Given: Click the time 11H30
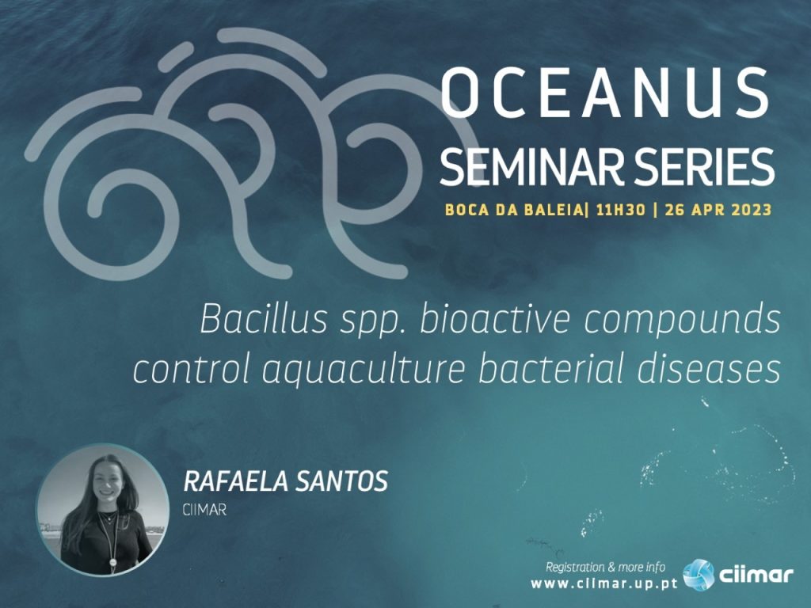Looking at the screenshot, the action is (621, 210).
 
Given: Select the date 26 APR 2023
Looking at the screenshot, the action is (718, 210).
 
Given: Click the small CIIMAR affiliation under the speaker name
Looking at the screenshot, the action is (204, 511).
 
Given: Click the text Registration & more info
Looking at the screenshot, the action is (606, 567).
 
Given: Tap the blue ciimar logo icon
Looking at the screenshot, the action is (699, 575).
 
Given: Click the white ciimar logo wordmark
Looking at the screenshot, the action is (756, 575).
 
